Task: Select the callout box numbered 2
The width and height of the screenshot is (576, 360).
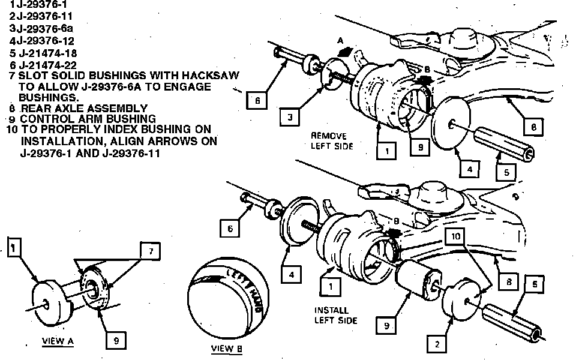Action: click(437, 344)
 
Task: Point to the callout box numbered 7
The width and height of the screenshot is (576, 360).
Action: click(151, 252)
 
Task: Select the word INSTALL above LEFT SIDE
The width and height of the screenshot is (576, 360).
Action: click(331, 310)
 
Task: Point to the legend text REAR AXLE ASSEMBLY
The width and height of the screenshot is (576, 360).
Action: click(84, 109)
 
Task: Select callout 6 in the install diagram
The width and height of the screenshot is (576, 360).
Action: click(229, 228)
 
